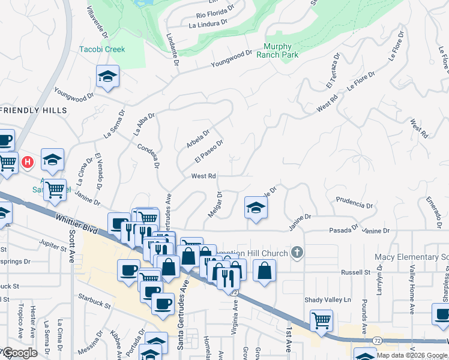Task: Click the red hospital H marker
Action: tap(27, 162)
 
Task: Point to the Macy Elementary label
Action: tap(411, 257)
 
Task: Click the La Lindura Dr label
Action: tap(208, 25)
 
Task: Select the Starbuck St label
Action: tap(95, 302)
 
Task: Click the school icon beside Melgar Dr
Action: tap(256, 207)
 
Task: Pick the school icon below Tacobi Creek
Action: tap(107, 76)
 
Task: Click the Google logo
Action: tap(20, 353)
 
